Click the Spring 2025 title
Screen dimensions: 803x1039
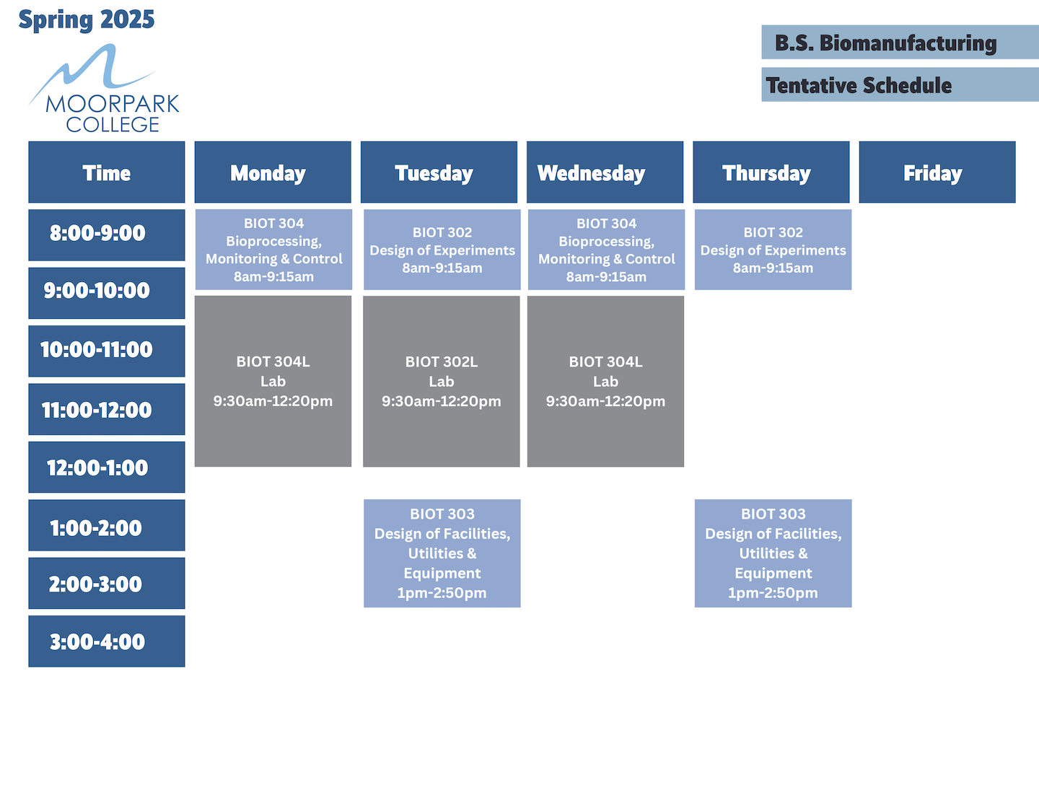tap(87, 19)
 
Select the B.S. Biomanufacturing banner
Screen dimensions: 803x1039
tap(899, 43)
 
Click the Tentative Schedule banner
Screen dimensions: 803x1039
tap(899, 85)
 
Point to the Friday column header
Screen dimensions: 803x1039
tap(937, 172)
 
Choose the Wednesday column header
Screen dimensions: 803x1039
tap(605, 172)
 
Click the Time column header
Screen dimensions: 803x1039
tap(107, 172)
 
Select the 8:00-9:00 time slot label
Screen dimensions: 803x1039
tap(107, 234)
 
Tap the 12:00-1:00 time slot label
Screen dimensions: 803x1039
tap(107, 468)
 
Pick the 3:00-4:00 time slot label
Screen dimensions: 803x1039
tap(107, 641)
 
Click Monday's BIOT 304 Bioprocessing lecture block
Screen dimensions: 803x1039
tap(273, 250)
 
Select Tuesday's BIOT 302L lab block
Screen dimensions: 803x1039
tap(442, 381)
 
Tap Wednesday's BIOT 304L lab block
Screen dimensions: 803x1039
tap(605, 381)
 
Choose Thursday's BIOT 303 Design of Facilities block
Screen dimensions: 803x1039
tap(773, 553)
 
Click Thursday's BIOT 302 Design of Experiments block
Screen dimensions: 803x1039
tap(773, 250)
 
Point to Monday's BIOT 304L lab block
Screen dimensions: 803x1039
tap(273, 381)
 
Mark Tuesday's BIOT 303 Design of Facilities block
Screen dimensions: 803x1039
tap(442, 553)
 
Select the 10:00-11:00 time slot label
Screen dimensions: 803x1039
tap(107, 351)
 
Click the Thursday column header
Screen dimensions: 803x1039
tap(771, 172)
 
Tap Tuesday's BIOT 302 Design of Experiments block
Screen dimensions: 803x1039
tap(442, 250)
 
